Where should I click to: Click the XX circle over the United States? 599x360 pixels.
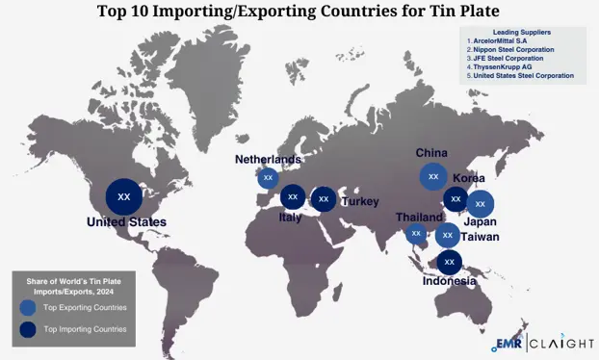pyautogui.click(x=123, y=196)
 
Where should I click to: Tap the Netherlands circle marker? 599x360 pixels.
pyautogui.click(x=268, y=177)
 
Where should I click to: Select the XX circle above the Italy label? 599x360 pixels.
pyautogui.click(x=293, y=197)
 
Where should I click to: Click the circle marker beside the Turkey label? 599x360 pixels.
pyautogui.click(x=324, y=199)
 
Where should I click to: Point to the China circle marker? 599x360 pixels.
pyautogui.click(x=433, y=176)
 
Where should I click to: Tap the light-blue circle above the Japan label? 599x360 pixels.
pyautogui.click(x=480, y=203)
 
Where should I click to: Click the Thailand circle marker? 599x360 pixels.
pyautogui.click(x=416, y=233)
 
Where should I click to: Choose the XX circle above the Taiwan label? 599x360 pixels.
pyautogui.click(x=447, y=235)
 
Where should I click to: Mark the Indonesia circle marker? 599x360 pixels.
pyautogui.click(x=449, y=261)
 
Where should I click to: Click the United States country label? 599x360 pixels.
pyautogui.click(x=126, y=222)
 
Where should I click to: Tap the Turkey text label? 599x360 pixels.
pyautogui.click(x=359, y=201)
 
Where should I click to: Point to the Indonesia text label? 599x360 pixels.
pyautogui.click(x=450, y=281)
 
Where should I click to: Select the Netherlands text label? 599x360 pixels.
pyautogui.click(x=268, y=159)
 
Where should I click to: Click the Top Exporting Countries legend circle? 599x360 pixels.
pyautogui.click(x=28, y=308)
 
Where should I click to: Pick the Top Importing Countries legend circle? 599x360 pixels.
pyautogui.click(x=28, y=329)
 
